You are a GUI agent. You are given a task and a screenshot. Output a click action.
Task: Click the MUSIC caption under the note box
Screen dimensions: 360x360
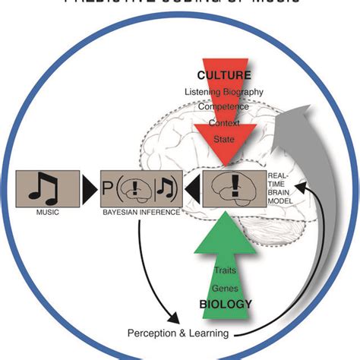coord(46,213)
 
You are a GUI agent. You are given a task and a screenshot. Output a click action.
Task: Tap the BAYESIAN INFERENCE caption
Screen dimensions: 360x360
coord(141,213)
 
